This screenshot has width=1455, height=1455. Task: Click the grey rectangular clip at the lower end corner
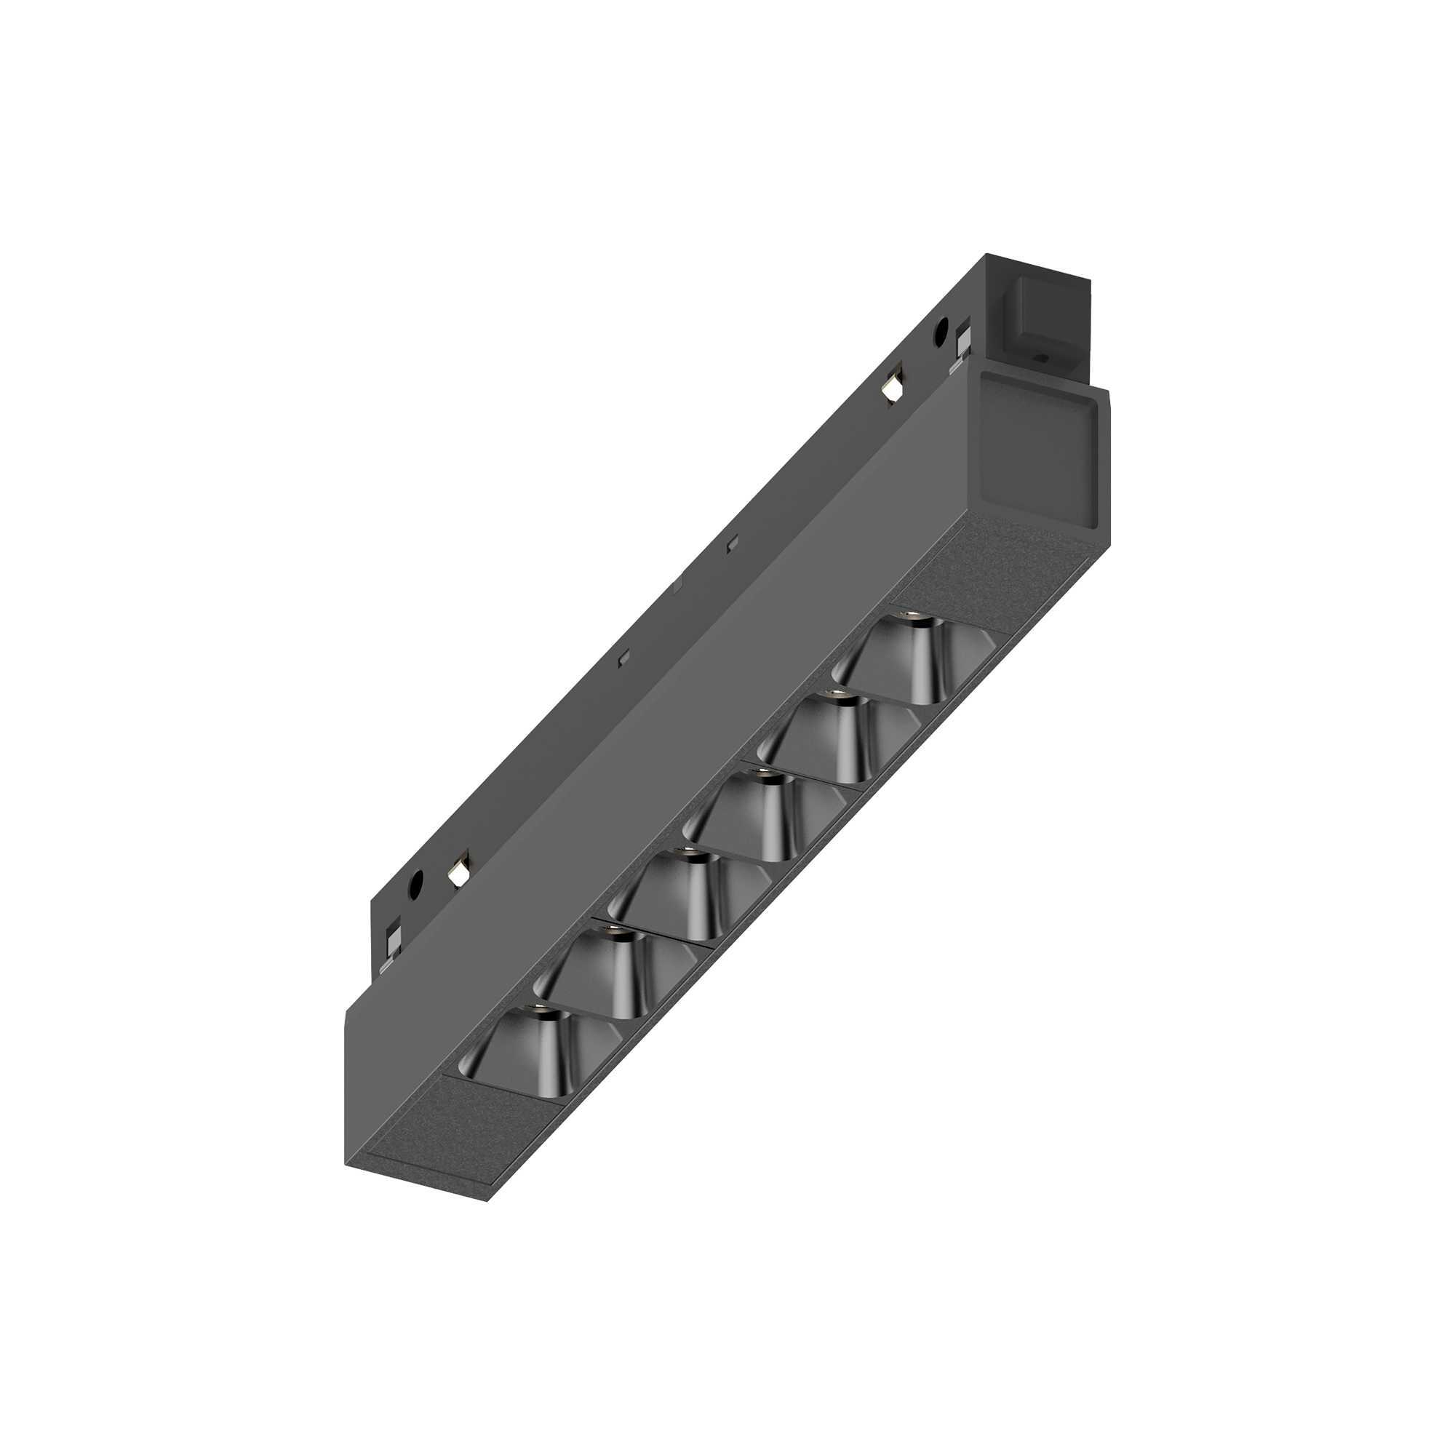coord(392,941)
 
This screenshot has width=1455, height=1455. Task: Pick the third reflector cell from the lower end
coord(670,896)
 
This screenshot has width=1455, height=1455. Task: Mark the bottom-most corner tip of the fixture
coord(488,1200)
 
